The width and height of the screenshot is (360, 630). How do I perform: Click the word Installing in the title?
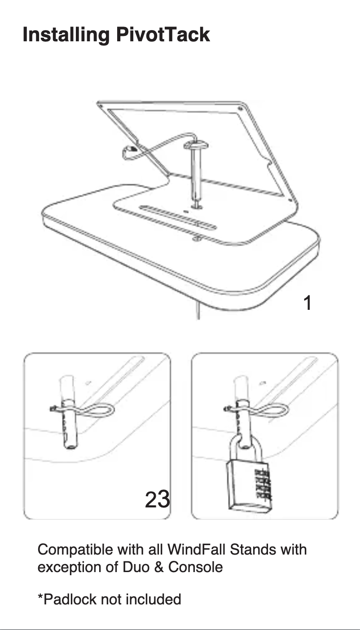click(x=66, y=35)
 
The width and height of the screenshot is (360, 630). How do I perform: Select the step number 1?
click(x=307, y=303)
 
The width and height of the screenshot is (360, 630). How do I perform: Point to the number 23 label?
click(x=157, y=499)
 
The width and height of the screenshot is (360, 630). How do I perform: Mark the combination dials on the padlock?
click(x=263, y=485)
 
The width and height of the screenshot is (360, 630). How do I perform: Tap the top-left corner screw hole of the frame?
click(x=102, y=106)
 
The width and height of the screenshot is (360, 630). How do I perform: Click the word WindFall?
click(x=198, y=550)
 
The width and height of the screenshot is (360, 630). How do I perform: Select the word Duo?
click(x=136, y=567)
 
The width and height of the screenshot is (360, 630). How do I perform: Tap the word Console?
click(x=195, y=567)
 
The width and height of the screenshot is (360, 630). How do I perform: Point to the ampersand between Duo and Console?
click(x=158, y=567)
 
